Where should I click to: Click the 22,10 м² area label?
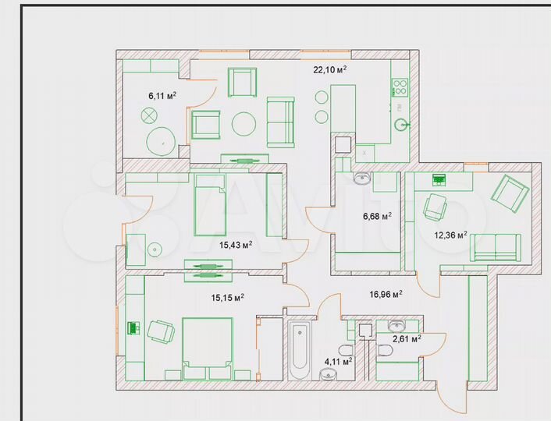click(329, 69)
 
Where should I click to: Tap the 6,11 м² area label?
click(162, 96)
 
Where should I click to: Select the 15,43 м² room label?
click(236, 245)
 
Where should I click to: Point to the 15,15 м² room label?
click(228, 297)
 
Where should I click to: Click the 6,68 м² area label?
click(375, 217)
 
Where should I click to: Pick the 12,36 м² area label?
click(451, 235)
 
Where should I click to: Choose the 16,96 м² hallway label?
click(386, 295)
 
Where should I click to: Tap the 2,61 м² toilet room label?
click(407, 339)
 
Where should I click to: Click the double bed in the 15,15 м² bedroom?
click(207, 348)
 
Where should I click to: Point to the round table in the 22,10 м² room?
click(244, 123)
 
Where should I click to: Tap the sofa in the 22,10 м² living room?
click(280, 122)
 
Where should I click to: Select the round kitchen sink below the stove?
click(403, 122)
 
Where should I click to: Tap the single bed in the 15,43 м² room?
click(209, 204)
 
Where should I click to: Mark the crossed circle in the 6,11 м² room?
click(149, 116)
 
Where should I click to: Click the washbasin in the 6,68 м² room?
click(362, 179)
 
